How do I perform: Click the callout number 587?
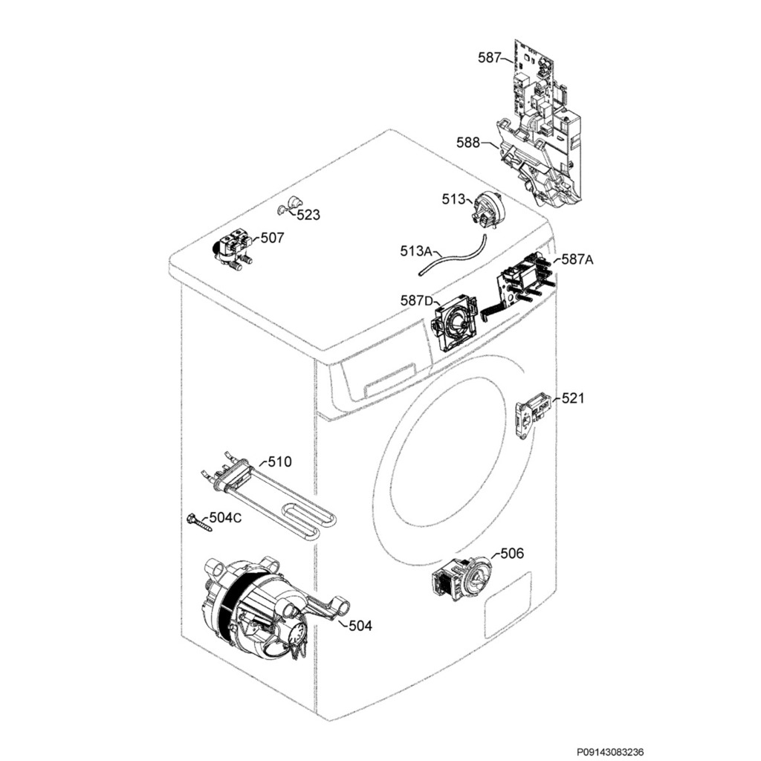click(489, 57)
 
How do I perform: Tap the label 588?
click(467, 143)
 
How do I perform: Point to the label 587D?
click(416, 300)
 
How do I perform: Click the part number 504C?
click(225, 517)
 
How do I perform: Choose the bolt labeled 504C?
click(198, 522)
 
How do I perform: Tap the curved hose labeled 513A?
click(454, 257)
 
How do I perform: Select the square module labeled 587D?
click(455, 323)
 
